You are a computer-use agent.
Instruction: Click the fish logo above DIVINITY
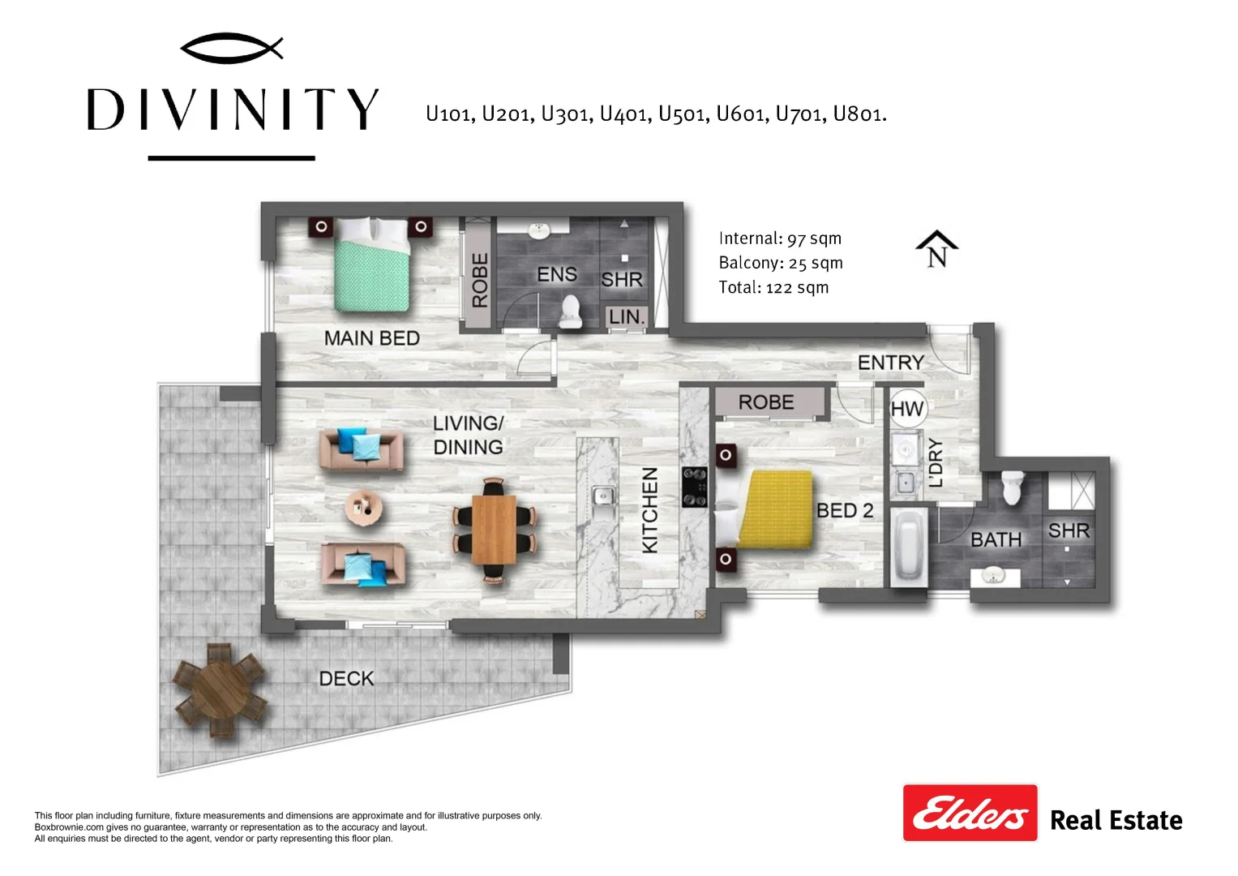pyautogui.click(x=232, y=48)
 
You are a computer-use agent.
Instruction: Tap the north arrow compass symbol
pyautogui.click(x=936, y=249)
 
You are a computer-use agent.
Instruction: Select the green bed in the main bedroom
pyautogui.click(x=372, y=264)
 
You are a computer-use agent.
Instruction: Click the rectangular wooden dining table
pyautogui.click(x=494, y=530)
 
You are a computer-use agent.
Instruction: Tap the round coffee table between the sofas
pyautogui.click(x=363, y=507)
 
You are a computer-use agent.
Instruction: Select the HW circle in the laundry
pyautogui.click(x=907, y=409)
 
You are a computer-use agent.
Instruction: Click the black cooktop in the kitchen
pyautogui.click(x=695, y=487)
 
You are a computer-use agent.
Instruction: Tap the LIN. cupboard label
pyautogui.click(x=627, y=317)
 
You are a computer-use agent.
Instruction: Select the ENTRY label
pyautogui.click(x=891, y=363)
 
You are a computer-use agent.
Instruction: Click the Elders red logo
pyautogui.click(x=970, y=813)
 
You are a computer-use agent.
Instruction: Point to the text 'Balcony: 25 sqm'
pyautogui.click(x=781, y=263)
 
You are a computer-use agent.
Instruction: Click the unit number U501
pyautogui.click(x=683, y=114)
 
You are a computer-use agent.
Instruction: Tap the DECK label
pyautogui.click(x=346, y=679)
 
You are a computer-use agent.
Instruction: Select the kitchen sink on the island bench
pyautogui.click(x=603, y=496)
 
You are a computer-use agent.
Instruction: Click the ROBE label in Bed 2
pyautogui.click(x=766, y=402)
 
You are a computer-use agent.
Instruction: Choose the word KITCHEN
pyautogui.click(x=650, y=510)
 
